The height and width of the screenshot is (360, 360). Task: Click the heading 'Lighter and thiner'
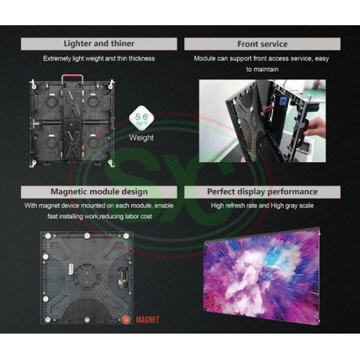(99, 44)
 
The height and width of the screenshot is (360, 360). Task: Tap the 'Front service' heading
(262, 44)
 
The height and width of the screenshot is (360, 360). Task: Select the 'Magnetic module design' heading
(99, 192)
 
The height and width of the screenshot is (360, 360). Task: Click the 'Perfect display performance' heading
(262, 192)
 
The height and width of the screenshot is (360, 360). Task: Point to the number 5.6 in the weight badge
(142, 116)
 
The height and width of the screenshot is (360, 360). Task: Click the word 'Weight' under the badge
(141, 137)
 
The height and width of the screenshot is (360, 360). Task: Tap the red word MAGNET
(148, 320)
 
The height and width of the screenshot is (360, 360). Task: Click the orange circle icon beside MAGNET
(126, 320)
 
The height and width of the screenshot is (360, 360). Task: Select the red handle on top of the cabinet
(72, 76)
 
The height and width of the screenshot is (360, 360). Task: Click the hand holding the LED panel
(315, 126)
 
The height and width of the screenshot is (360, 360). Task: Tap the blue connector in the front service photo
(283, 101)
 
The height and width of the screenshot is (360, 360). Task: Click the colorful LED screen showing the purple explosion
(262, 275)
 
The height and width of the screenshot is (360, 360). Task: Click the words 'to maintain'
(262, 69)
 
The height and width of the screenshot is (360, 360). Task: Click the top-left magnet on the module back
(48, 236)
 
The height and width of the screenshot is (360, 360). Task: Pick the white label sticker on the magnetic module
(71, 269)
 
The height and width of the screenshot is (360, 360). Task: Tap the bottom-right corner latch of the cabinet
(111, 163)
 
